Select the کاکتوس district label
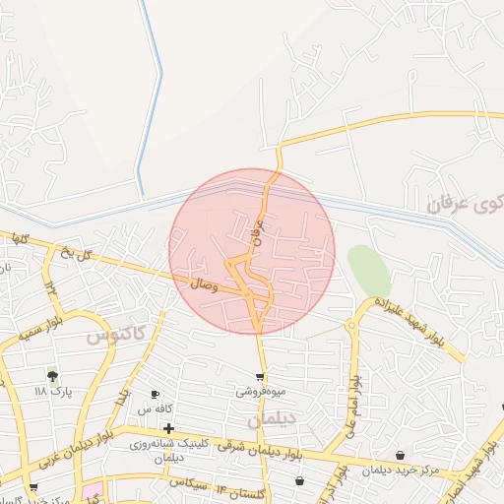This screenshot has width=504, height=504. click(x=115, y=334)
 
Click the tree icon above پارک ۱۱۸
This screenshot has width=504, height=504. click(x=52, y=375)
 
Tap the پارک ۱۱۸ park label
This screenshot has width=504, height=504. click(x=54, y=391)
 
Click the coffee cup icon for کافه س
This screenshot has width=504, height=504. click(x=155, y=394)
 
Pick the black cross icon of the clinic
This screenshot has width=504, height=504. click(x=169, y=428)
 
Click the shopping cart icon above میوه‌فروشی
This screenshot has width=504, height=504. click(x=260, y=376)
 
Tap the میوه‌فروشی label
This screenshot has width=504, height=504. click(x=260, y=391)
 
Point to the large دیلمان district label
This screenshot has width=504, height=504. click(x=271, y=420)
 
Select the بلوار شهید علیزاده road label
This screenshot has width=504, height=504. click(x=410, y=329)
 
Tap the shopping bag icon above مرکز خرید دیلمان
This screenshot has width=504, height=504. click(x=400, y=455)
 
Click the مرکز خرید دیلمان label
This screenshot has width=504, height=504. click(x=399, y=470)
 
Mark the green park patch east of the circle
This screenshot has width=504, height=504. click(x=368, y=269)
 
